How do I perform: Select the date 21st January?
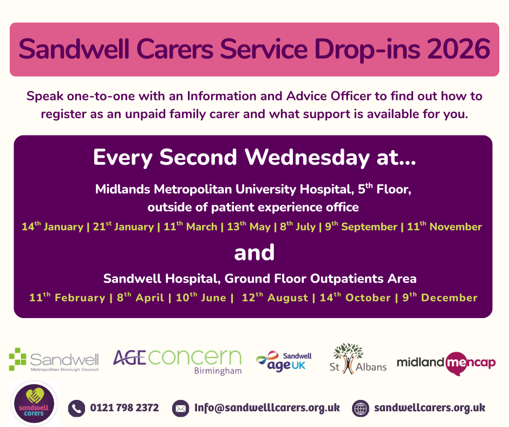pyautogui.click(x=123, y=226)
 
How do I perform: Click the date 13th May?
pyautogui.click(x=249, y=226)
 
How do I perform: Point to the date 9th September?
pyautogui.click(x=361, y=226)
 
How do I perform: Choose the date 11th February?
pyautogui.click(x=67, y=297)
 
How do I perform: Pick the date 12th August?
pyautogui.click(x=275, y=297)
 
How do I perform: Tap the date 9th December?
pyautogui.click(x=440, y=297)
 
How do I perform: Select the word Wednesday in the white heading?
pyautogui.click(x=307, y=157)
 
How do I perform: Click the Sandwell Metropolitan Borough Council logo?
pyautogui.click(x=54, y=360)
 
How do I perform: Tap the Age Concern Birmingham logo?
pyautogui.click(x=177, y=361)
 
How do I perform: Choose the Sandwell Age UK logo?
pyautogui.click(x=284, y=361)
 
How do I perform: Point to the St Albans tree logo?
pyautogui.click(x=358, y=359)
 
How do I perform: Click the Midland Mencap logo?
pyautogui.click(x=446, y=363)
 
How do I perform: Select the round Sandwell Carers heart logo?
pyautogui.click(x=34, y=403)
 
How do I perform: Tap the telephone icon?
pyautogui.click(x=76, y=408)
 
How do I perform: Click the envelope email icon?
pyautogui.click(x=180, y=408)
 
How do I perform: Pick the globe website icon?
pyautogui.click(x=360, y=408)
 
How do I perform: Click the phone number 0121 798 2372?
pyautogui.click(x=125, y=407)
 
